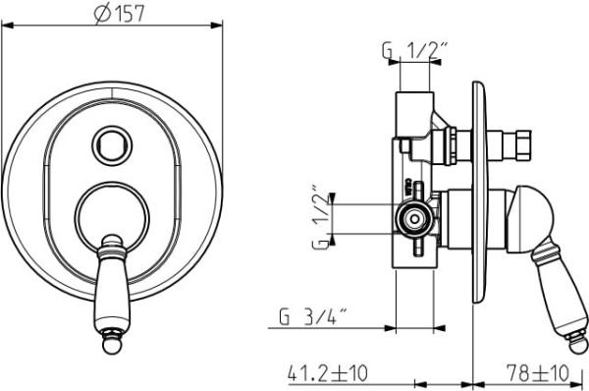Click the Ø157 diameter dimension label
(x=119, y=14)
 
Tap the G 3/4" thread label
(x=312, y=317)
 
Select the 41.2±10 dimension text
(x=328, y=373)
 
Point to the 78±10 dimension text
(x=538, y=373)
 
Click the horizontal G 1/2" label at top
(x=415, y=50)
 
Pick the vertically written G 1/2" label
(x=321, y=217)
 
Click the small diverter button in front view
(x=112, y=145)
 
